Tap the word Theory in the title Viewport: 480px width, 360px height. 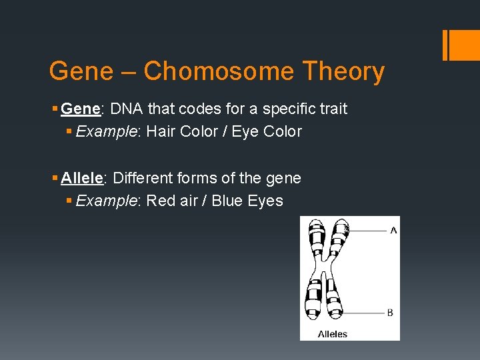[x=343, y=71]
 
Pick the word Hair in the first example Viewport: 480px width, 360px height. [x=160, y=131]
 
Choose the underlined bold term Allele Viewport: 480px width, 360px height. [x=81, y=178]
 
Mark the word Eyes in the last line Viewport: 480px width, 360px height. [x=266, y=201]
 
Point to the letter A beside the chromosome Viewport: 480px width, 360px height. [x=393, y=230]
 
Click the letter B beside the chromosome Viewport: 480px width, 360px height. [x=390, y=313]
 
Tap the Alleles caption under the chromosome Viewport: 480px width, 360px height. [x=333, y=333]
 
